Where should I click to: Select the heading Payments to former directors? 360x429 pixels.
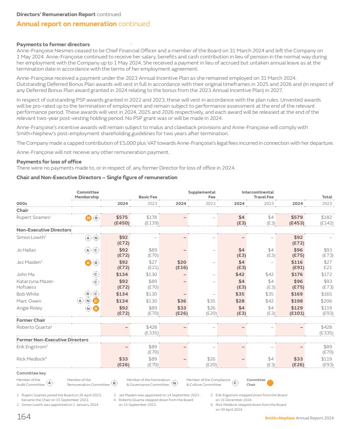53,44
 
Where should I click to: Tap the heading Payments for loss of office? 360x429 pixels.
49,162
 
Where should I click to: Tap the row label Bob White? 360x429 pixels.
27,294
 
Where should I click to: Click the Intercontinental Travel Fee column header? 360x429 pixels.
257,194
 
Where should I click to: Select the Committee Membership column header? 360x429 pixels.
88,194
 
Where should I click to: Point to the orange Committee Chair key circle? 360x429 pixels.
270,382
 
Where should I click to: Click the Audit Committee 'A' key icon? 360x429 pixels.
50,382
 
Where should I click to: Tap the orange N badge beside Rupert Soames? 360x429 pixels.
88,217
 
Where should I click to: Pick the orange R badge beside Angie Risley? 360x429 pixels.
96,308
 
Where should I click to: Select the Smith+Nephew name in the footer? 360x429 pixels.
280,418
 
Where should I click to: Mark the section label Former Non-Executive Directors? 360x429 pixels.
52,340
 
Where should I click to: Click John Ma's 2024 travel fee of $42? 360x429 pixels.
240,274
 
